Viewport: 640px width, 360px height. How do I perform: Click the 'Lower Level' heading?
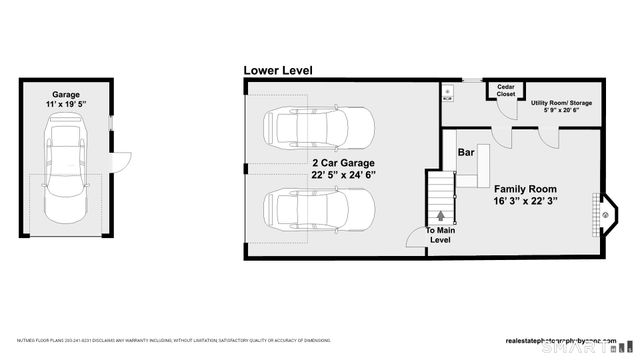(x=278, y=71)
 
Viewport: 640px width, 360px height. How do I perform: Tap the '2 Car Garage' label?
(x=343, y=161)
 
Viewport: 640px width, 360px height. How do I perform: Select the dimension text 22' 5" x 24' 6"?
(x=344, y=176)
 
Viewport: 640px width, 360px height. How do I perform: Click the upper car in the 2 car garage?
(x=318, y=127)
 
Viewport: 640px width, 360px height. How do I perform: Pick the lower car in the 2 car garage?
(x=318, y=210)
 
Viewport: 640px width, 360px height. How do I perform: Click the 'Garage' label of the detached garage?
(x=67, y=95)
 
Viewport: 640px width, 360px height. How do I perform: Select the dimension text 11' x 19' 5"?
(x=67, y=105)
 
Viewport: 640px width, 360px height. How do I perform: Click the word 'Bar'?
(x=465, y=153)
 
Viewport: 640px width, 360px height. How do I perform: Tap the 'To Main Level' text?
(x=441, y=234)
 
